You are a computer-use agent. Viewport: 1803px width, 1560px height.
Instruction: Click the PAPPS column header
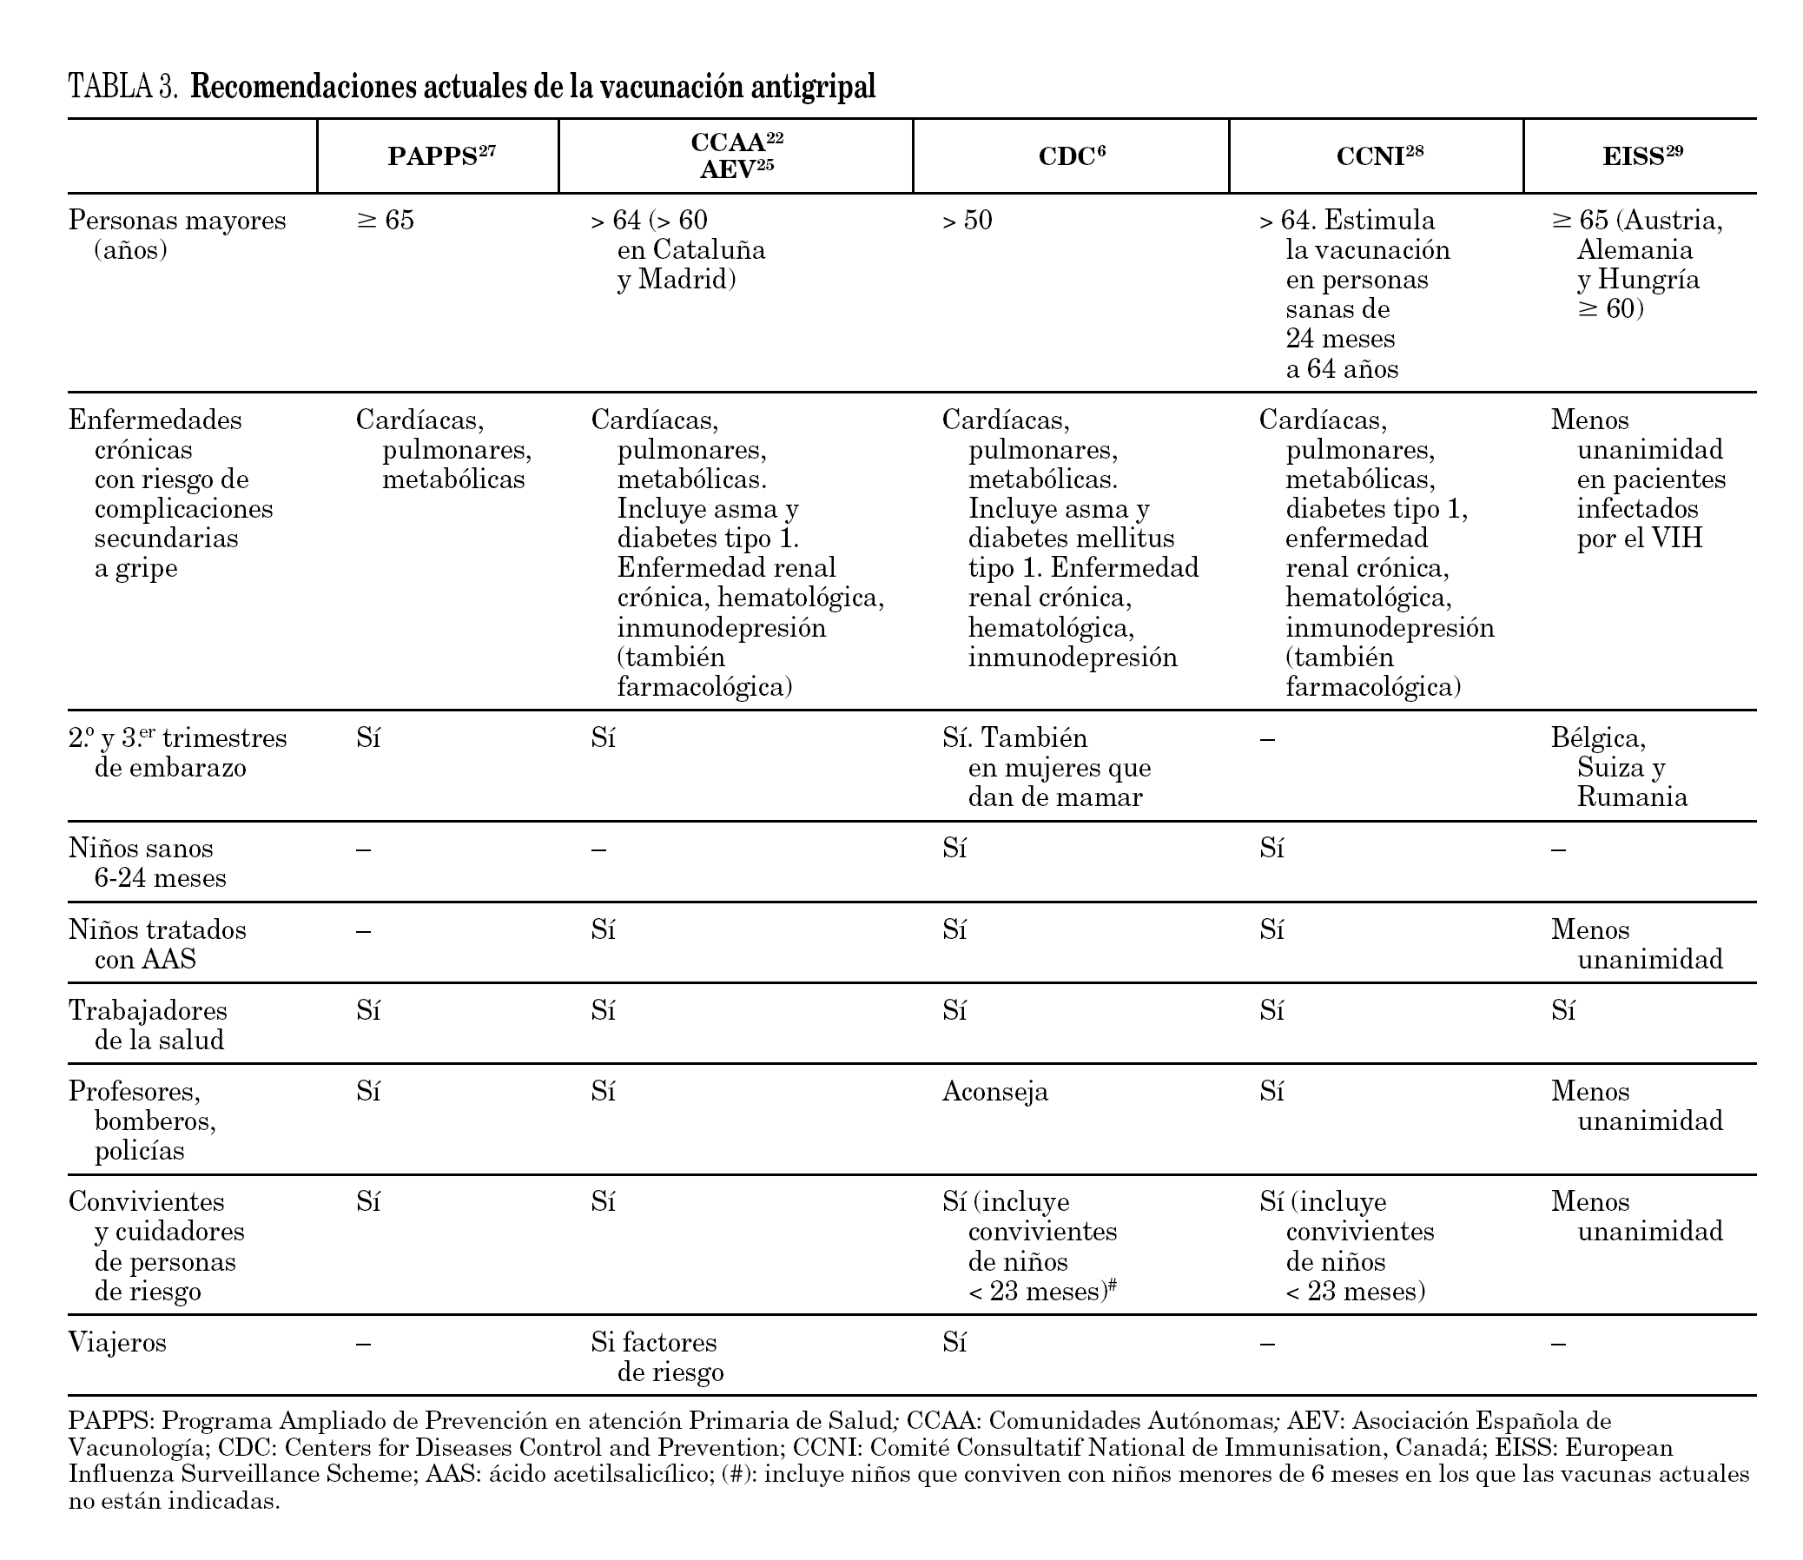[441, 155]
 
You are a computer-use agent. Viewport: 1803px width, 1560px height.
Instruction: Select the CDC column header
[1072, 155]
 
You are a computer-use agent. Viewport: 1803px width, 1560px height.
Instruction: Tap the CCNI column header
[1380, 155]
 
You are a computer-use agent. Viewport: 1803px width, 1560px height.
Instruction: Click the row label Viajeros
[117, 1342]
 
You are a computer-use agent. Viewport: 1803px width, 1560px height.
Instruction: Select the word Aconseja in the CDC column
[995, 1092]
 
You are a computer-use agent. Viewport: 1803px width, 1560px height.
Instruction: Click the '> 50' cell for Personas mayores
[968, 221]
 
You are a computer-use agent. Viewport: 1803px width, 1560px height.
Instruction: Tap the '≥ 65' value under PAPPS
[385, 221]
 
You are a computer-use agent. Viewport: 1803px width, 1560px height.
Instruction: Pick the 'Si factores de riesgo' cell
[657, 1357]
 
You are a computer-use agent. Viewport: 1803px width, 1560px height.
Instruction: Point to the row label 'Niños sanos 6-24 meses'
[147, 863]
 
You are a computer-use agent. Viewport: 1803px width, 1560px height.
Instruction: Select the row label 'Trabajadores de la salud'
[147, 1025]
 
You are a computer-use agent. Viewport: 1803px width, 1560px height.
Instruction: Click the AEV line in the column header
[736, 169]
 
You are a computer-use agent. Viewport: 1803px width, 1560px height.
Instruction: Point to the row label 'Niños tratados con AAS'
[156, 944]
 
